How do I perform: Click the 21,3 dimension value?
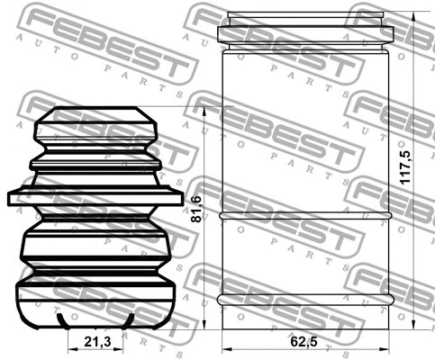[x=96, y=343]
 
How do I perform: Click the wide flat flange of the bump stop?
[x=95, y=197]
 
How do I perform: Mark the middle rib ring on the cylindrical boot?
[x=306, y=217]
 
